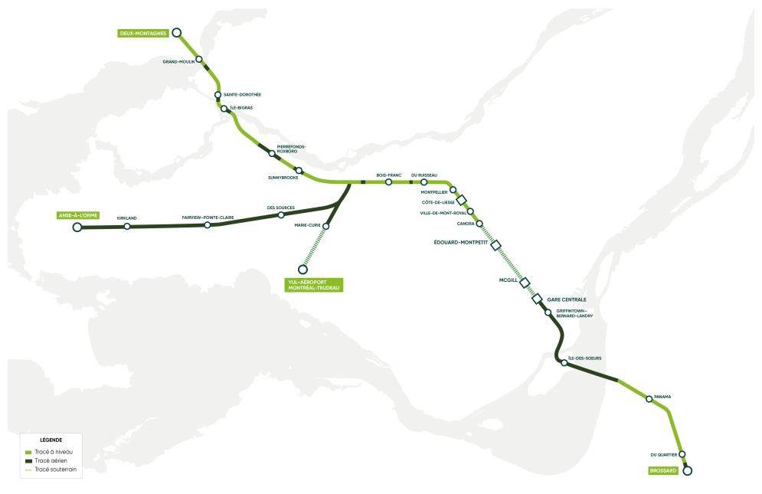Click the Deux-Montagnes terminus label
tap(143, 33)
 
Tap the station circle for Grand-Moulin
tap(199, 59)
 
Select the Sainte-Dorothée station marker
tap(218, 95)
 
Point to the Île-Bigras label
tap(242, 108)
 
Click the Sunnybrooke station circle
tap(299, 170)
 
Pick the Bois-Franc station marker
tap(389, 182)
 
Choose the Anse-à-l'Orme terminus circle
tap(77, 227)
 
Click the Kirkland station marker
tap(127, 226)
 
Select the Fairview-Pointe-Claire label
tap(208, 218)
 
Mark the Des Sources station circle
tap(281, 215)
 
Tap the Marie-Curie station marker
tap(326, 226)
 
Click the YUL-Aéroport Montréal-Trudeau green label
tap(313, 285)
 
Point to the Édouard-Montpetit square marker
tap(495, 245)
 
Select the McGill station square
tap(525, 282)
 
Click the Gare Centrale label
tap(567, 299)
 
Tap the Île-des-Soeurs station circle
tap(564, 363)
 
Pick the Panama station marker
tap(649, 398)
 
